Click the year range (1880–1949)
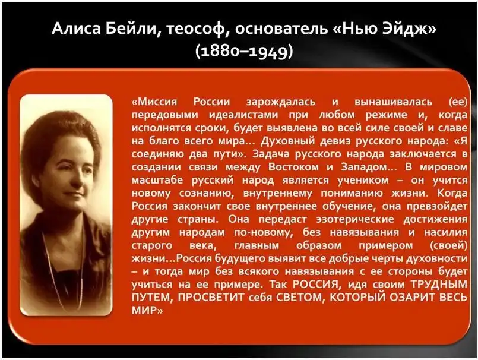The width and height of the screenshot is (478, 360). point(244,51)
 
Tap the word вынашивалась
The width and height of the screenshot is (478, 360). point(393,102)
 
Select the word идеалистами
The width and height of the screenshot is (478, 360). point(243,115)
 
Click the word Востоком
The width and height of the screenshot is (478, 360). point(293,167)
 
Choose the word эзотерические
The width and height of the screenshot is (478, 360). point(355,219)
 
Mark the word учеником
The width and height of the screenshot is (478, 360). point(363,181)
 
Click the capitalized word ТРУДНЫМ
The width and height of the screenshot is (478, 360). point(439,285)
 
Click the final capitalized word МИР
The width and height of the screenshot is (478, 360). point(144,311)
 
